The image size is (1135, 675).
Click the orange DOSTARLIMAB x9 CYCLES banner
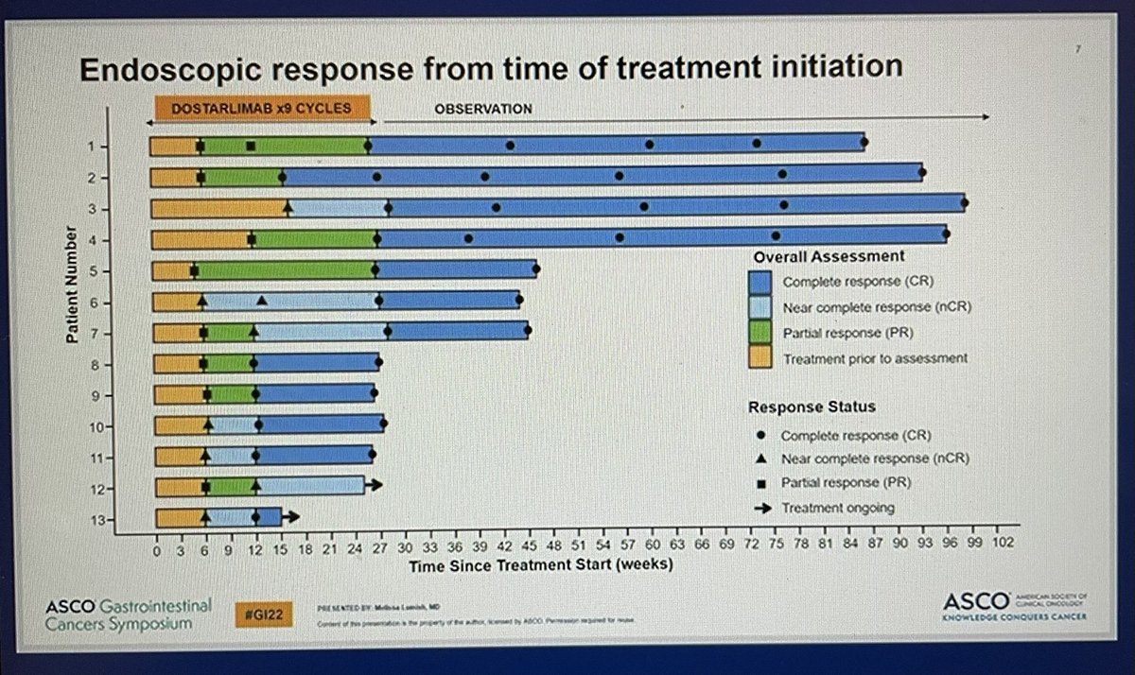pyautogui.click(x=260, y=107)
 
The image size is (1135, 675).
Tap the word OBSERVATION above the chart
pyautogui.click(x=482, y=109)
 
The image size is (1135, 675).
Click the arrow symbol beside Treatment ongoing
pyautogui.click(x=761, y=508)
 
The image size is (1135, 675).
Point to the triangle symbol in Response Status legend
pyautogui.click(x=761, y=459)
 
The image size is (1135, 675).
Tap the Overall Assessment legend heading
pyautogui.click(x=829, y=256)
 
